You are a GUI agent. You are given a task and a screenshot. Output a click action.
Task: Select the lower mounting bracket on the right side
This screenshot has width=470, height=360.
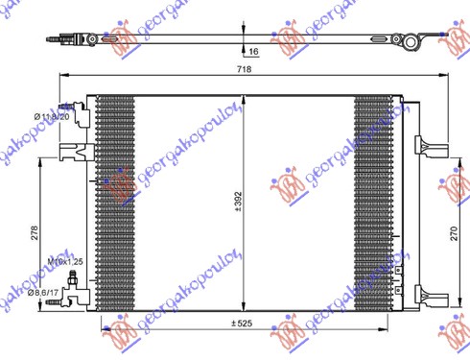[x=423, y=292]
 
